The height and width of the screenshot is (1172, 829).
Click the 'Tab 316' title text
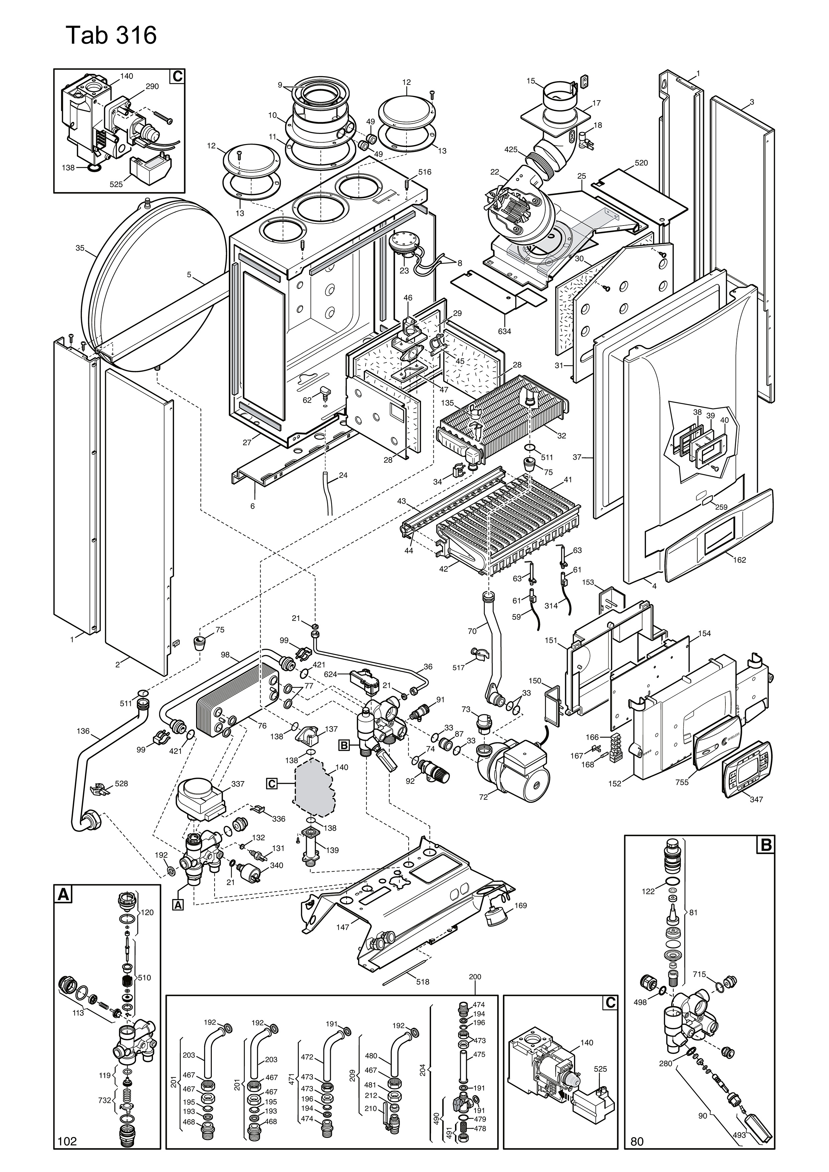[x=111, y=36]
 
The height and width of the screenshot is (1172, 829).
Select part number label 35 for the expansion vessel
[x=80, y=248]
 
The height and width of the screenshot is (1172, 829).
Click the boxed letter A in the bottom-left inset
[x=63, y=894]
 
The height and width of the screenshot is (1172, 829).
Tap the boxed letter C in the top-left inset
[x=177, y=77]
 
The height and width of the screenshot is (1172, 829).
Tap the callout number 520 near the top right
[x=641, y=163]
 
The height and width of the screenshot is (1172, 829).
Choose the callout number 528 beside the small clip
[x=122, y=783]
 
